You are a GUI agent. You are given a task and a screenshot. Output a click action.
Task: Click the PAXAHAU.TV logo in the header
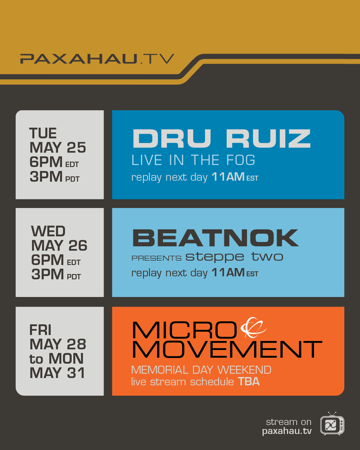[97, 59]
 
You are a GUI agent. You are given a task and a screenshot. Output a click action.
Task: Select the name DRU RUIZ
[222, 138]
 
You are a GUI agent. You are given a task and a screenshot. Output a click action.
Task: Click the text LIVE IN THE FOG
[193, 160]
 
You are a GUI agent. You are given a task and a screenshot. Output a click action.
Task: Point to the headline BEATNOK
[215, 238]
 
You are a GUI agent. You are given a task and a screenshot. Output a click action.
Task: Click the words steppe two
[234, 257]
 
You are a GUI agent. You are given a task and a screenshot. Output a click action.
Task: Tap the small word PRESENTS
[156, 258]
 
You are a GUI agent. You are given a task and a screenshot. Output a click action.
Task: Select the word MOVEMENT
[227, 349]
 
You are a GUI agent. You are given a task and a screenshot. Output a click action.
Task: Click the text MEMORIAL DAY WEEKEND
[201, 370]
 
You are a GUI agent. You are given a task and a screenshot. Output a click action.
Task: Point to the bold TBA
[249, 382]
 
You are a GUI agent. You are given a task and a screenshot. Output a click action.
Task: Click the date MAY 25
[58, 148]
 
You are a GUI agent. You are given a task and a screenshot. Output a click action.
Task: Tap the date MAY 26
[59, 245]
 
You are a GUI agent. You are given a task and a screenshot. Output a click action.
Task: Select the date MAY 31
[57, 373]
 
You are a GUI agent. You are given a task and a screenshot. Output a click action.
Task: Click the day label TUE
[43, 133]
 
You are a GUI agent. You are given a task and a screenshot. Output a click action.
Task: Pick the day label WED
[48, 231]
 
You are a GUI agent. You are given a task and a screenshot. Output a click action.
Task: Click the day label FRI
[40, 330]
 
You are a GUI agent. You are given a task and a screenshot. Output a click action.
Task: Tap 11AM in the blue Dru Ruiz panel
[228, 177]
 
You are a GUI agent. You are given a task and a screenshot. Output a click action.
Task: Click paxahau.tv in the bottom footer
[287, 431]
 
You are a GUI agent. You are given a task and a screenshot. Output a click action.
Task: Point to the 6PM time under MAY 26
[47, 260]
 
